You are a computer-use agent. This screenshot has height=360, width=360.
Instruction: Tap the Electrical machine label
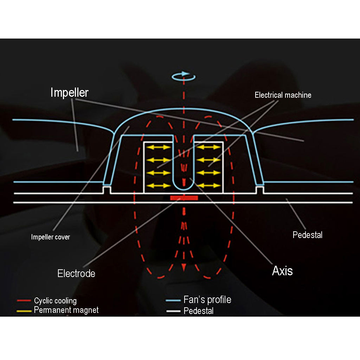283,95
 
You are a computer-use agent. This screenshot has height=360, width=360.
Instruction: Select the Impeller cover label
50,237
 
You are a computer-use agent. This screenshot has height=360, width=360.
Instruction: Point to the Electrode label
76,274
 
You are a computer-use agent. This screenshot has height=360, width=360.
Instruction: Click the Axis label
282,271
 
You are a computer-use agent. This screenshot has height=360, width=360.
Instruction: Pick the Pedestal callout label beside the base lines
307,235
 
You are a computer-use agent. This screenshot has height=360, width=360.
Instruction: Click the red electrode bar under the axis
184,198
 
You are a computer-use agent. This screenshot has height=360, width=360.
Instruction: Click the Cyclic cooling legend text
55,301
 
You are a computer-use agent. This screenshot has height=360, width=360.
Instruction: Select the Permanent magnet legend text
66,310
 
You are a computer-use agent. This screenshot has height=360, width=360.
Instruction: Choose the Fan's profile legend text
207,300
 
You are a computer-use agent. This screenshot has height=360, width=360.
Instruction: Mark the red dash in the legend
24,301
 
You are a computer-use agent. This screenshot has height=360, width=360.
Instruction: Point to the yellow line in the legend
24,311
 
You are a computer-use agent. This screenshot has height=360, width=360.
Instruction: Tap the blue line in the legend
173,301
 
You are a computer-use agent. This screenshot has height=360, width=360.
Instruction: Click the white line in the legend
173,311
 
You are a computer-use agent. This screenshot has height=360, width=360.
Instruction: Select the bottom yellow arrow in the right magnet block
209,185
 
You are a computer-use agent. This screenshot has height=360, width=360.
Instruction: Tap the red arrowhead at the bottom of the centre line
183,269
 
